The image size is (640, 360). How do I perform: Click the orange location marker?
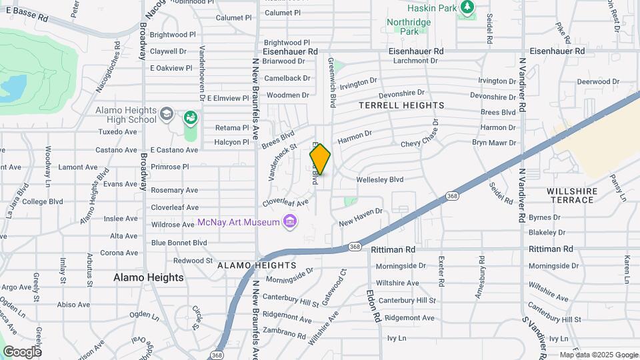[x=320, y=159]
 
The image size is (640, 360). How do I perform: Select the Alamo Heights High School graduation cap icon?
[x=166, y=116]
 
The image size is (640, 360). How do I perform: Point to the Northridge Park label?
[x=409, y=27]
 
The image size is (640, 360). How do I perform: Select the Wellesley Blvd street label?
[x=380, y=179]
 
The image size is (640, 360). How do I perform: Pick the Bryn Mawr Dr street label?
[x=494, y=143]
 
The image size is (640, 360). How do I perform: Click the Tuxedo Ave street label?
[x=117, y=132]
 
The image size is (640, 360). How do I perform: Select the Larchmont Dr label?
[x=415, y=61]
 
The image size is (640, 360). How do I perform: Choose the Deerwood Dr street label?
[x=579, y=81]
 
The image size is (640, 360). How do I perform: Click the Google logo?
[x=22, y=351]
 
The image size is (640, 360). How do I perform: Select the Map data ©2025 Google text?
[x=598, y=355]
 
